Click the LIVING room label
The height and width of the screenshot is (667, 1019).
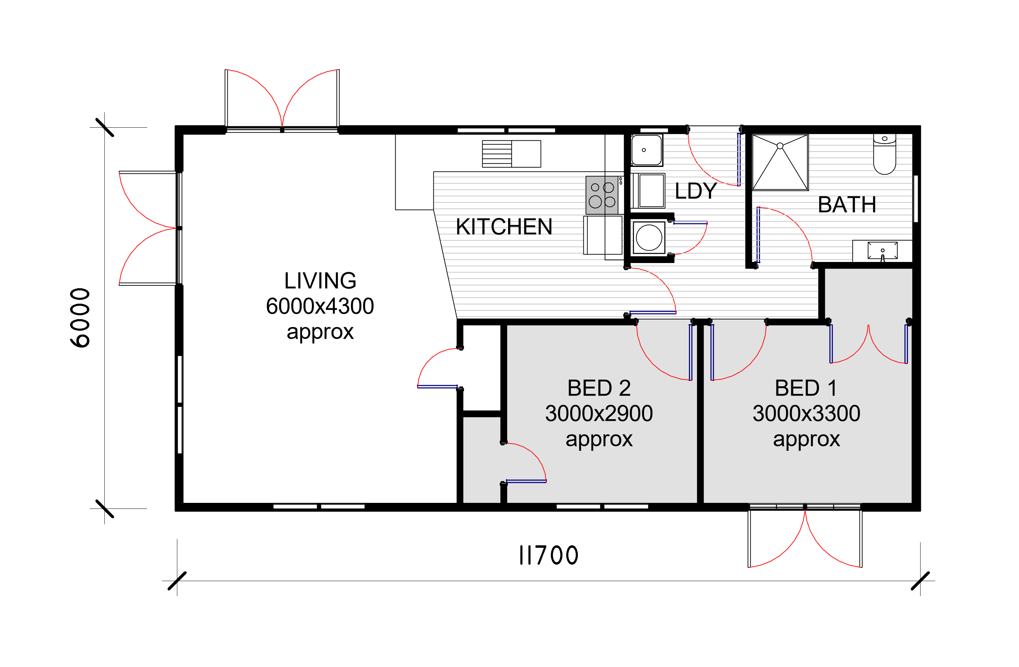point(320,281)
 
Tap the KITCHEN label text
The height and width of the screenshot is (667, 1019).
point(504,227)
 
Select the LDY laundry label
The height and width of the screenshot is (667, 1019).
point(696,191)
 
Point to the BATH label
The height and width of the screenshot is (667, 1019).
point(847,204)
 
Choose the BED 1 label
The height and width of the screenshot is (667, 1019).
point(806,388)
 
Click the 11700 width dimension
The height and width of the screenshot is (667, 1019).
point(548,555)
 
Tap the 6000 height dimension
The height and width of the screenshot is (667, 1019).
point(80,317)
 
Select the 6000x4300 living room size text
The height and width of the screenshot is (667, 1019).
point(320,306)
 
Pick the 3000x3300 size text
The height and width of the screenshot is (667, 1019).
point(806,413)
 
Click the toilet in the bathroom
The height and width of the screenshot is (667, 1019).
point(884,154)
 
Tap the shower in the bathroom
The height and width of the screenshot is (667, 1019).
point(780,162)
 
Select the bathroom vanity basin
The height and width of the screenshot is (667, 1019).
point(882,251)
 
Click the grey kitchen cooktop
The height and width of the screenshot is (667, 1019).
point(602,195)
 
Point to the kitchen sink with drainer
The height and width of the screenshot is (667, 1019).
point(511,154)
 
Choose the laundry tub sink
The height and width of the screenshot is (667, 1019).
point(647,150)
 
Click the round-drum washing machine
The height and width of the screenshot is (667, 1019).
point(649,237)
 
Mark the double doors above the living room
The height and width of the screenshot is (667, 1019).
point(282,100)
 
